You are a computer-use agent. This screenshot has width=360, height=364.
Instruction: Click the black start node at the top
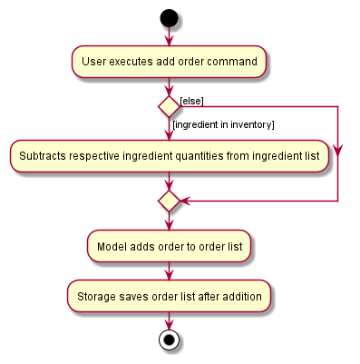[169, 18]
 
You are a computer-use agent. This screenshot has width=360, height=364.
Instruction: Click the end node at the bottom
[169, 341]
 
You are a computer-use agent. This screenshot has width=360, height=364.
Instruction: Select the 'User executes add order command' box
[169, 62]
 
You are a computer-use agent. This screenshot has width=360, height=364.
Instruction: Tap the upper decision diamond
[169, 106]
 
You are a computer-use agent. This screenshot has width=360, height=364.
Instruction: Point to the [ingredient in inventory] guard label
[223, 123]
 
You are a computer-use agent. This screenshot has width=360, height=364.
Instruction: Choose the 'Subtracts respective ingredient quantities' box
[169, 156]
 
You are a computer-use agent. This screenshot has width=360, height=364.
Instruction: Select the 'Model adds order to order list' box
[169, 245]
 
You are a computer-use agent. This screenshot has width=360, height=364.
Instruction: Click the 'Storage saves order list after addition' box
[169, 296]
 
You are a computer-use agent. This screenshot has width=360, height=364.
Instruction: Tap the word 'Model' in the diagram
[113, 245]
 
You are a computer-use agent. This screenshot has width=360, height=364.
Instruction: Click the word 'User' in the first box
[95, 62]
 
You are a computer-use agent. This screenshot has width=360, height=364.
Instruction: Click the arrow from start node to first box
[169, 36]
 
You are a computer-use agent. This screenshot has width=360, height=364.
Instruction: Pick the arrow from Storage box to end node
[169, 320]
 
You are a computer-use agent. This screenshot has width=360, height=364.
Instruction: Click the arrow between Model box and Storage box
[169, 271]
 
